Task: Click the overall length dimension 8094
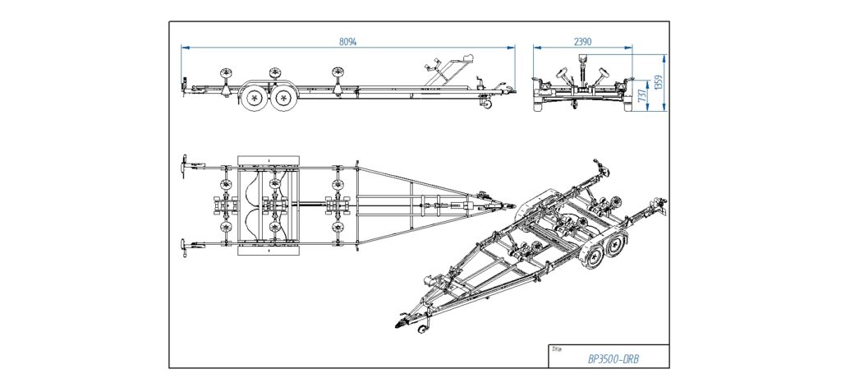click(x=348, y=40)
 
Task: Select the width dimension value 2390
click(x=584, y=40)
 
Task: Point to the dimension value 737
click(x=643, y=96)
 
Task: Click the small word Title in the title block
click(x=558, y=348)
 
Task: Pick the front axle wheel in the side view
click(x=284, y=99)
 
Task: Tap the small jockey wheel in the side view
click(x=487, y=104)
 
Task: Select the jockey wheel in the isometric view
click(x=424, y=330)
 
